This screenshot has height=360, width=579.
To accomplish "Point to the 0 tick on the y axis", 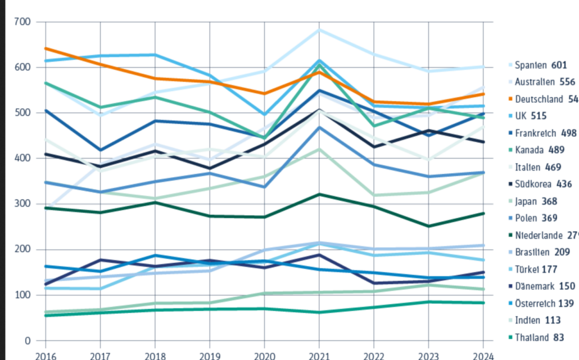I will click(x=27, y=340).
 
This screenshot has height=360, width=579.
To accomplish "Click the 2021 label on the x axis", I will click(x=319, y=355).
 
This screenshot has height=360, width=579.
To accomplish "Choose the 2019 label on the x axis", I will click(x=209, y=355).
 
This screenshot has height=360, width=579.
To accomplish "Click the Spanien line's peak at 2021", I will click(x=319, y=29).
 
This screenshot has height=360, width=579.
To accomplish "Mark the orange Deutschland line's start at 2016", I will click(x=45, y=48).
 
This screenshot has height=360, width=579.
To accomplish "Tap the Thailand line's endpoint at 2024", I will click(x=484, y=303).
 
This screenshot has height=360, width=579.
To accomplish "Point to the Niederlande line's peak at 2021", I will click(x=319, y=194).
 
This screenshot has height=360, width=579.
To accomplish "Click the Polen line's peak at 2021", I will click(x=319, y=127).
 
